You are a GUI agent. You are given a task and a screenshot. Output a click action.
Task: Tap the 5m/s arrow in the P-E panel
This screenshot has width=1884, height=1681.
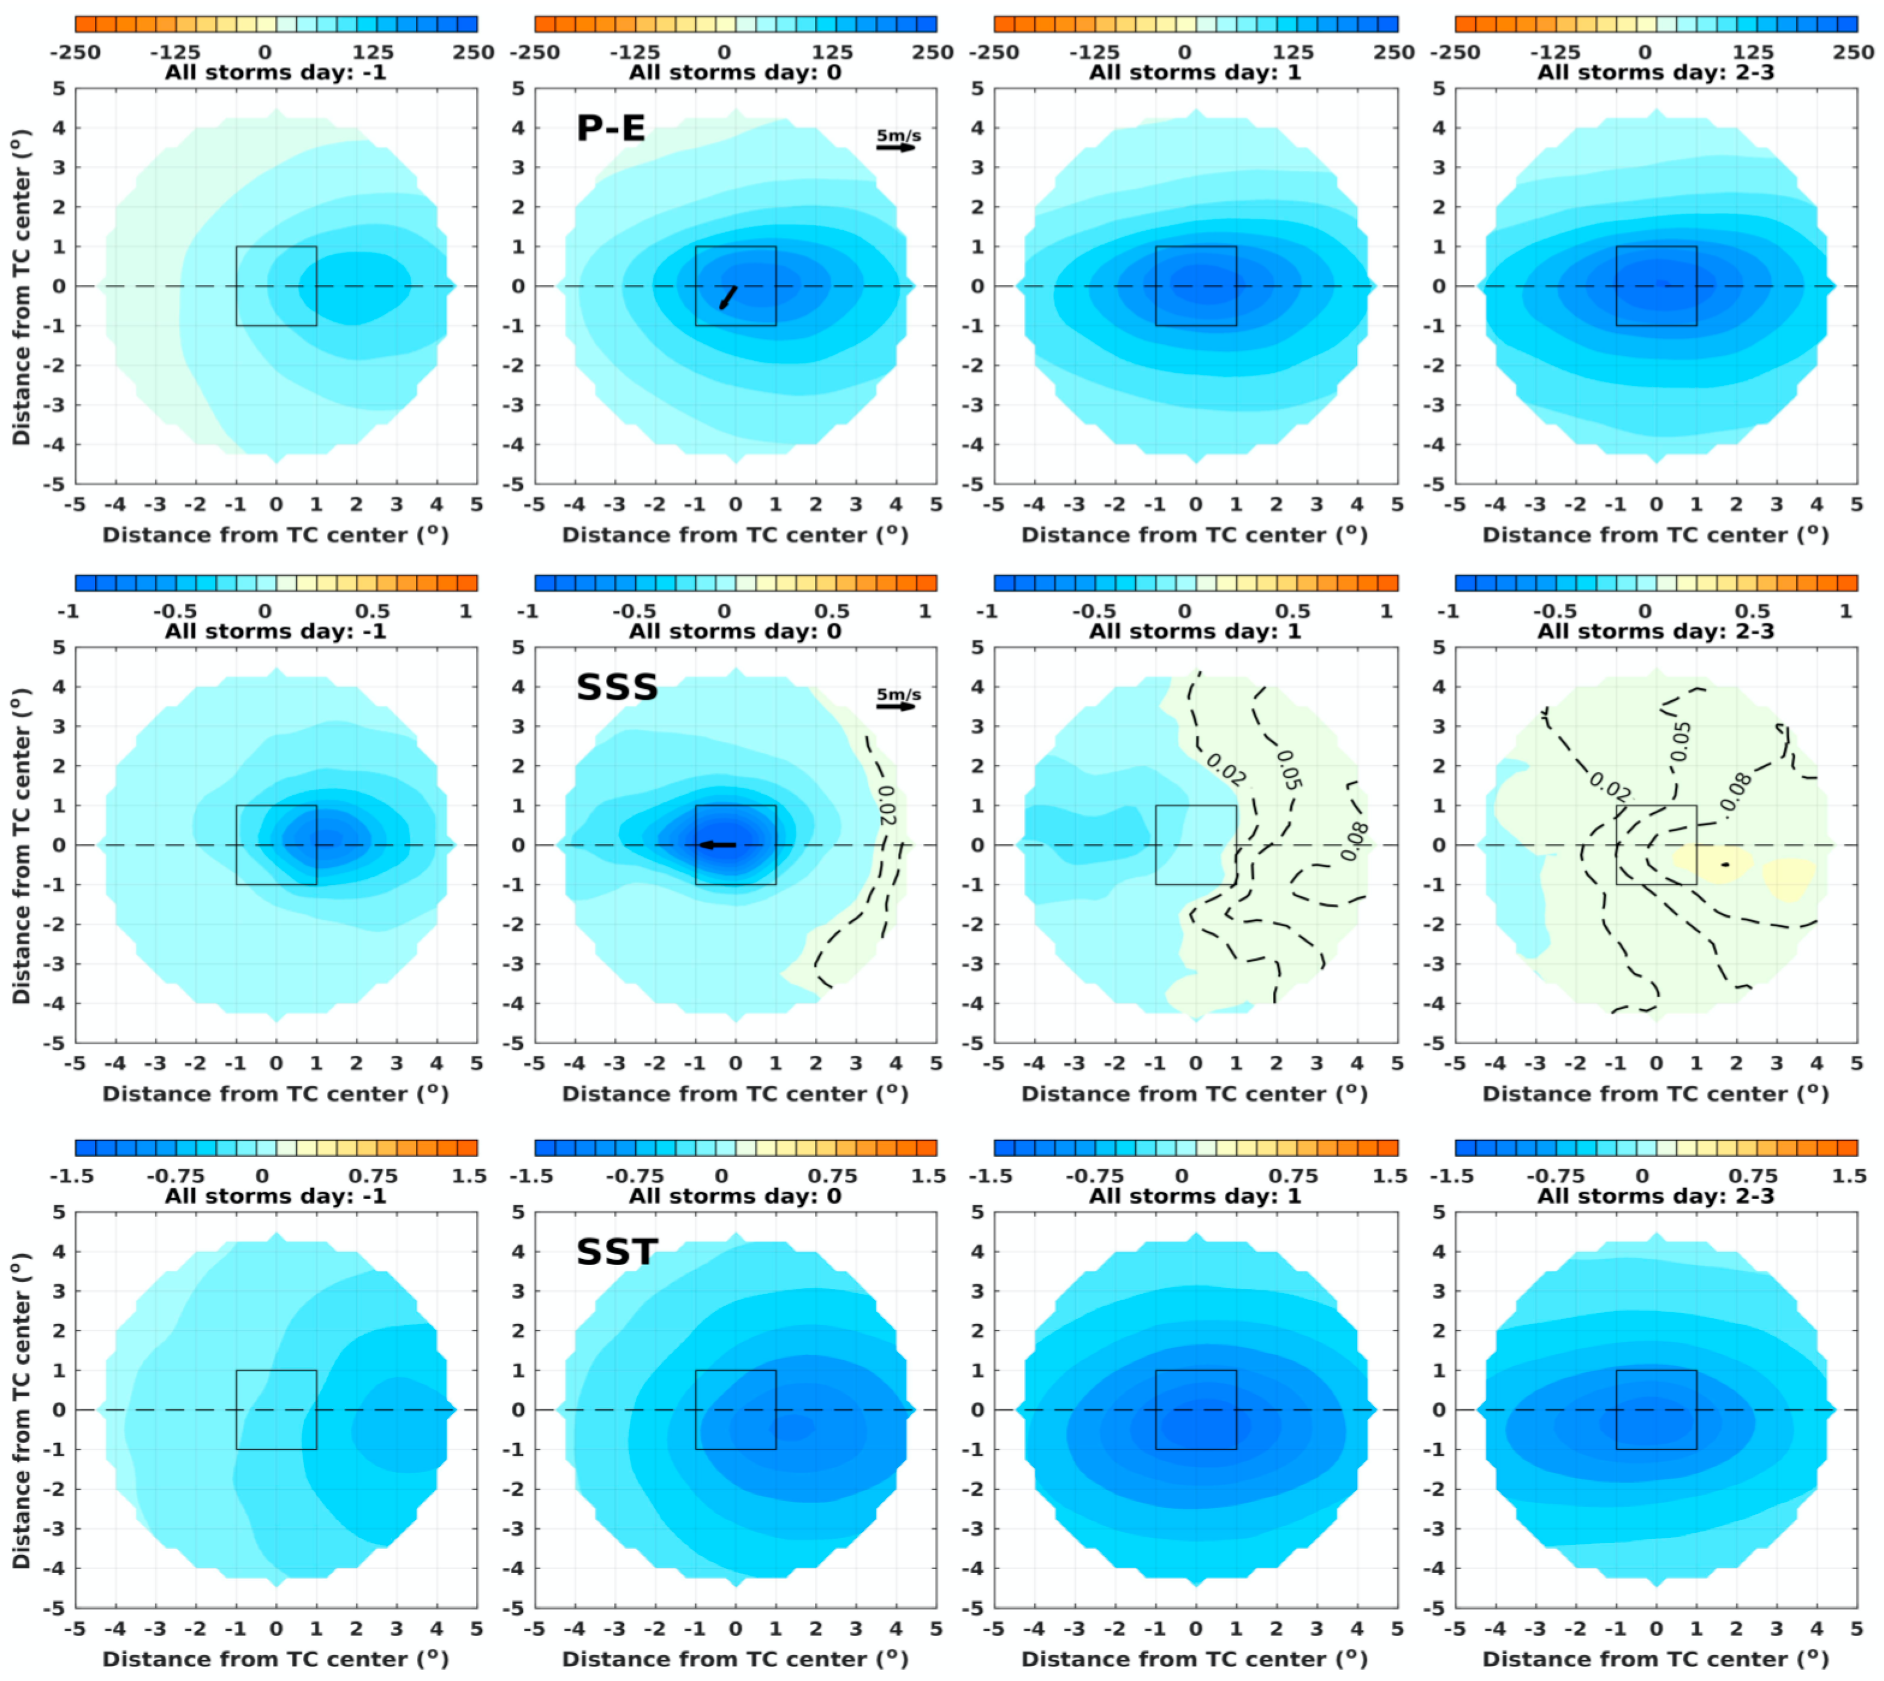click(896, 147)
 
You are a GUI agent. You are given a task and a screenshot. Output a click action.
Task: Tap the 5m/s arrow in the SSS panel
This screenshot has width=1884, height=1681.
click(896, 707)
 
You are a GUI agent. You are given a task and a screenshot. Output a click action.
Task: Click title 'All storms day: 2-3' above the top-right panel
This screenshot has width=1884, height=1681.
click(1655, 72)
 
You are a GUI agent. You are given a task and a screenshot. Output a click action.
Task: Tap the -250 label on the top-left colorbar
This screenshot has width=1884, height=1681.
click(74, 53)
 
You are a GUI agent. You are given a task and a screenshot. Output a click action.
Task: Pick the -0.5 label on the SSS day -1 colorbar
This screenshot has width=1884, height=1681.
click(174, 611)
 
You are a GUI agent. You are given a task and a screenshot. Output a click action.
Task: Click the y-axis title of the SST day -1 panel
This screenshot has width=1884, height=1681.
click(21, 1409)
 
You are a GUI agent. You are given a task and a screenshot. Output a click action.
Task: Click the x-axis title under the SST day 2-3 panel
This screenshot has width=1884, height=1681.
click(1655, 1659)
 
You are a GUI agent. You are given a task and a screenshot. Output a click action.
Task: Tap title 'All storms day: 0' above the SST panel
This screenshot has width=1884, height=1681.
click(735, 1196)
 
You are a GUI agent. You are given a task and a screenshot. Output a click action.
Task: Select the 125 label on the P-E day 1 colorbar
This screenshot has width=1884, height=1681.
click(1293, 53)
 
